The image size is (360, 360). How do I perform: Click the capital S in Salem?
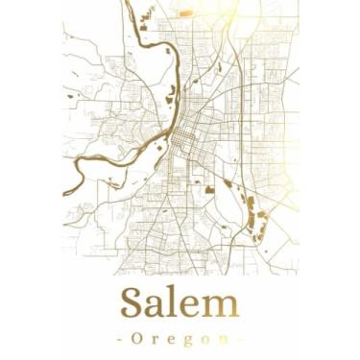(x=133, y=304)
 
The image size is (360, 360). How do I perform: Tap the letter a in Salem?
(x=159, y=307)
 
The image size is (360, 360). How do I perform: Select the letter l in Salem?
(x=178, y=303)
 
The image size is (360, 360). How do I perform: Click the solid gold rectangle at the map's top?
(x=185, y=13)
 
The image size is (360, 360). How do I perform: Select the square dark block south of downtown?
(x=208, y=190)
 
